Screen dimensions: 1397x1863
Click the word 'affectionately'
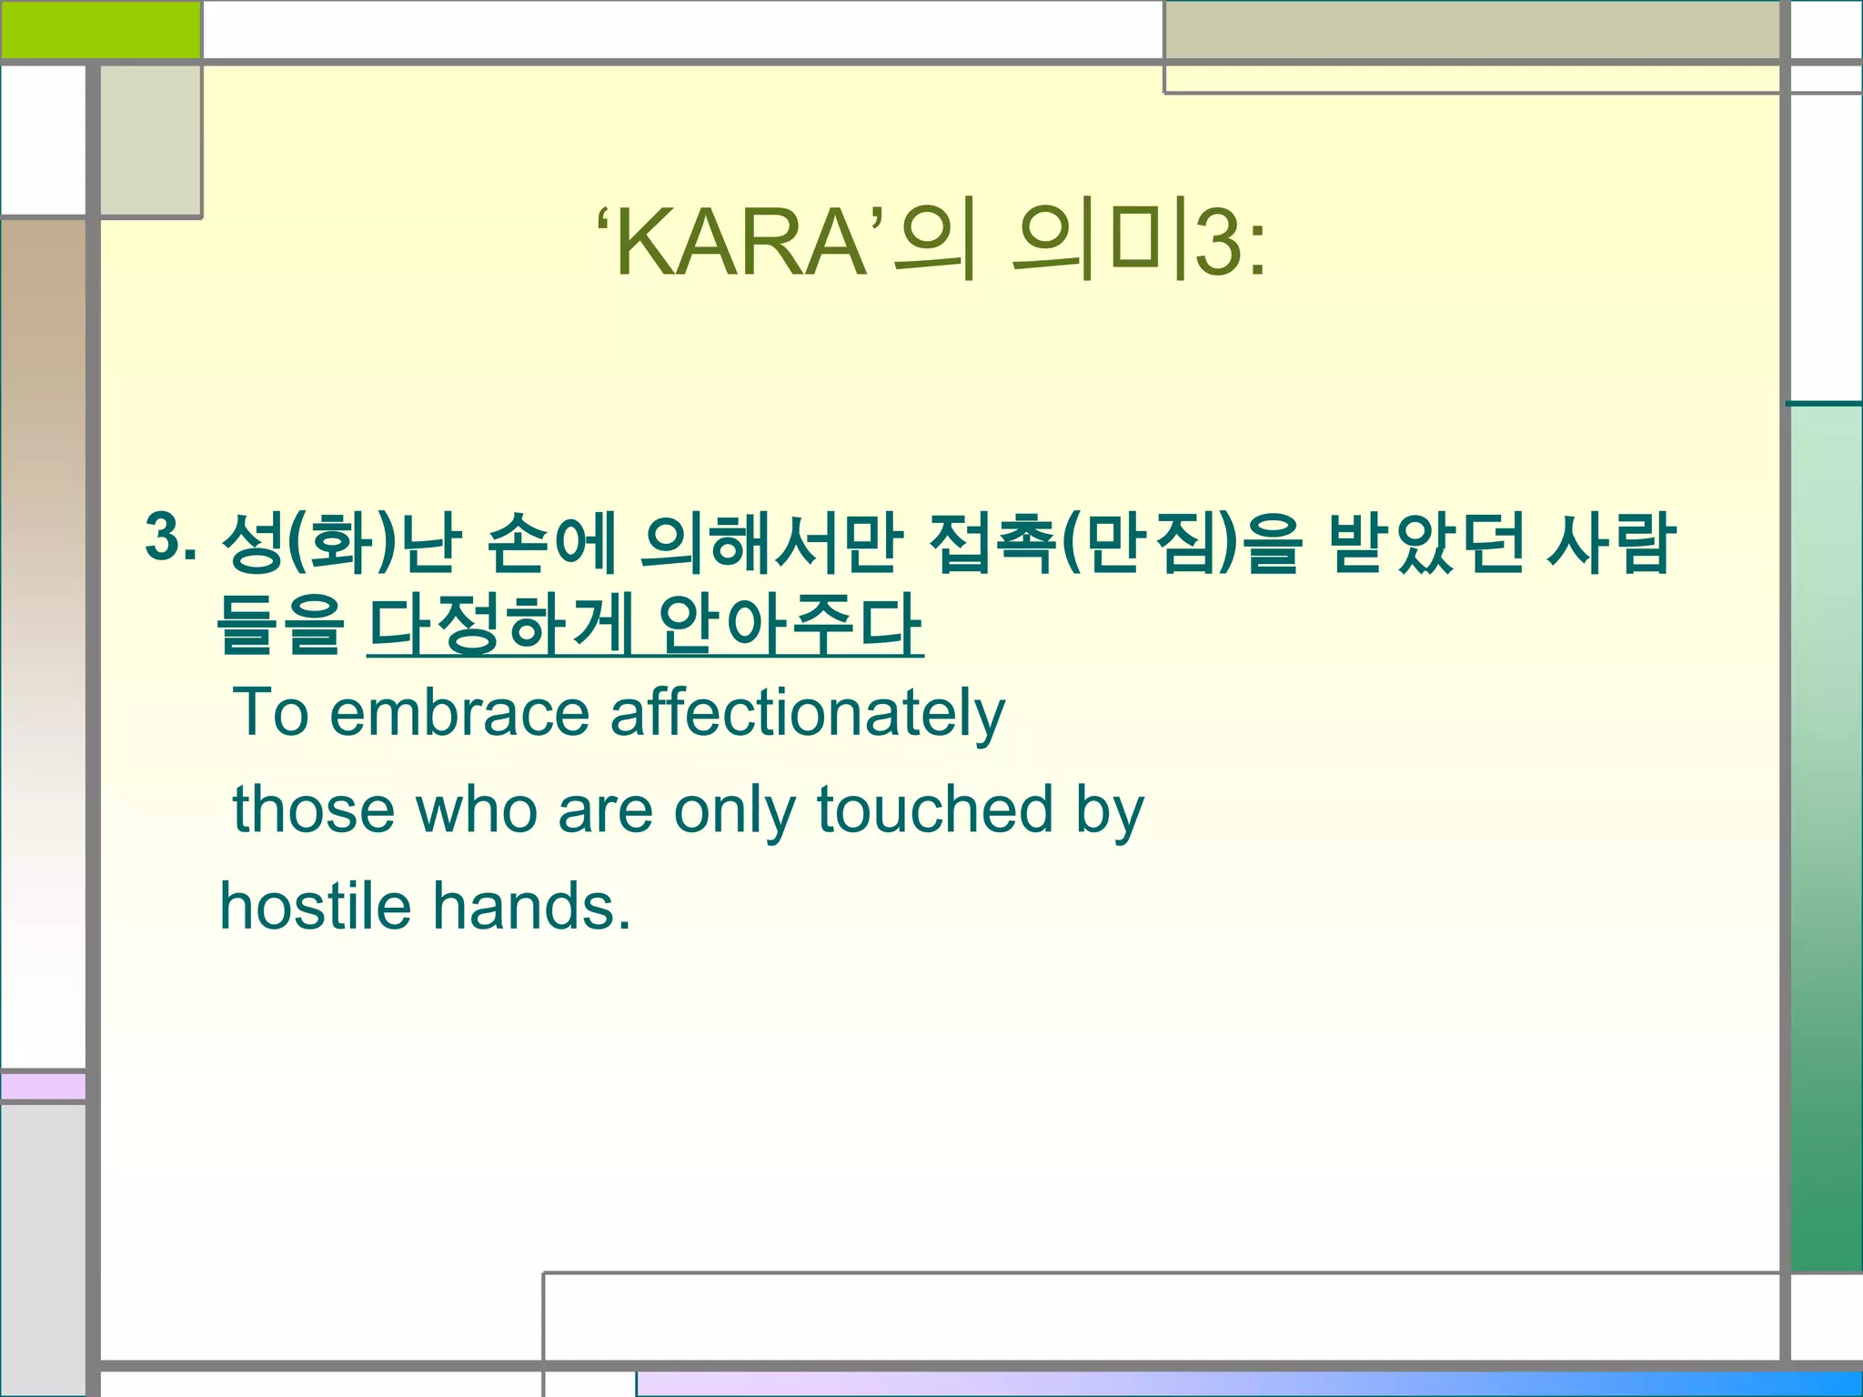(x=807, y=714)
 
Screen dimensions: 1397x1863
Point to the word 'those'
(x=314, y=809)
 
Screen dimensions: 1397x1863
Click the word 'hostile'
(x=316, y=906)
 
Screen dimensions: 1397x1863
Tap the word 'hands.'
(x=531, y=906)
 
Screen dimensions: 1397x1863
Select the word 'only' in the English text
(x=734, y=810)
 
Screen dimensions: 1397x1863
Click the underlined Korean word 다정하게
(x=500, y=625)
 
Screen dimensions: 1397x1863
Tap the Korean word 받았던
(x=1425, y=543)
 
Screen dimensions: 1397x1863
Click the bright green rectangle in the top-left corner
(x=100, y=29)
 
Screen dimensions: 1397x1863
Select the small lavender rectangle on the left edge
(x=43, y=1086)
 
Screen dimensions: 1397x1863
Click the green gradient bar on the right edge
(x=1826, y=837)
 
